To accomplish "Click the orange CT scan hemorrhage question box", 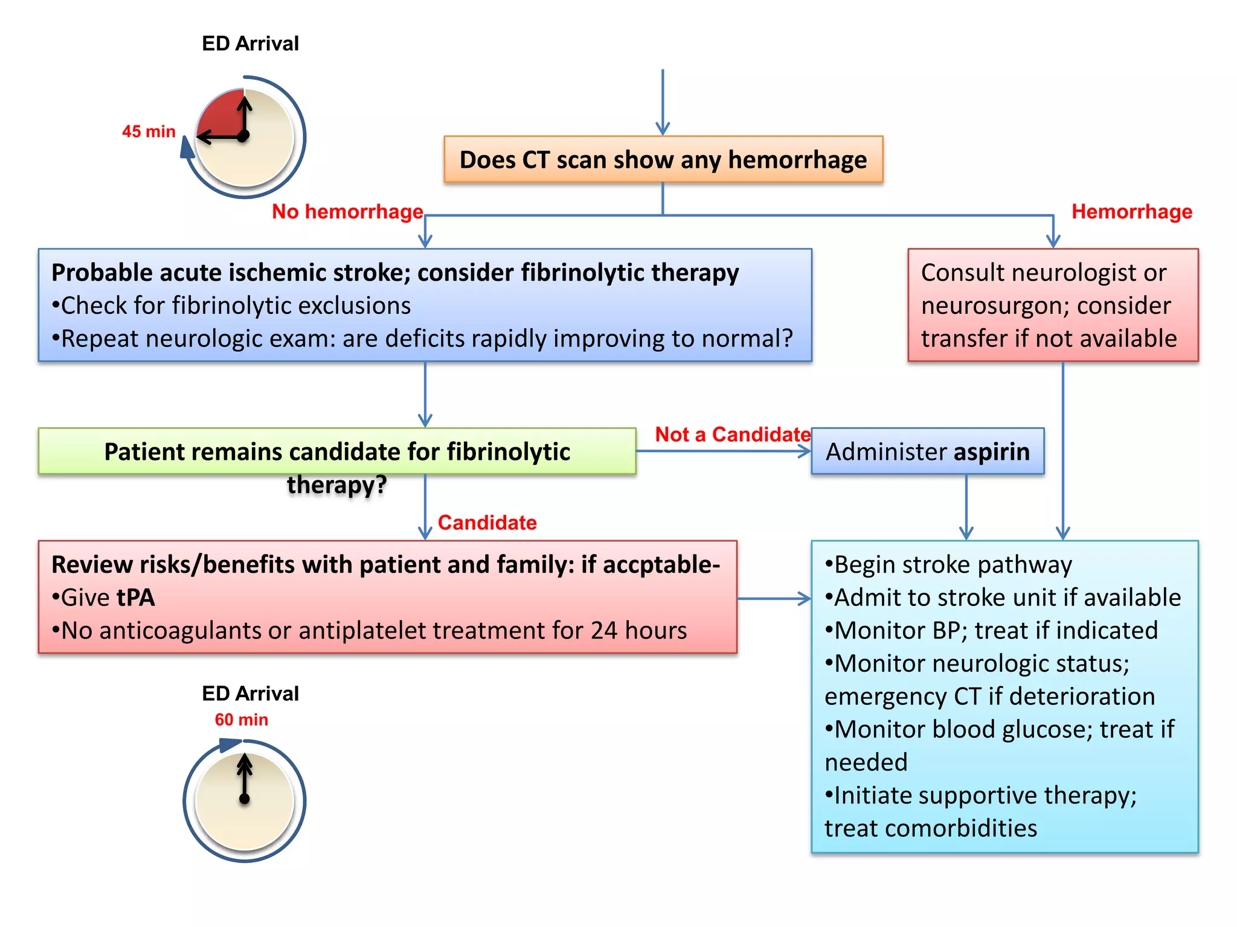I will click(x=663, y=160).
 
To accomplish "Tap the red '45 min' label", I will click(x=149, y=132).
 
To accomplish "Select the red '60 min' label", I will click(x=241, y=719).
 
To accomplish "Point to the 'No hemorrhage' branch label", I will click(x=347, y=212).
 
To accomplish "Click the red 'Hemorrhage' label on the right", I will click(x=1131, y=212).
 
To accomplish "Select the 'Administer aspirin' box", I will click(x=927, y=451).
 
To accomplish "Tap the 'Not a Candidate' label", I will click(x=732, y=435).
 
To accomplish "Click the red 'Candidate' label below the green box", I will click(x=487, y=523).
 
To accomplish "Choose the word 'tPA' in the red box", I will click(x=136, y=597).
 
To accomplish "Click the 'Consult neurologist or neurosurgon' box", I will click(x=1052, y=305).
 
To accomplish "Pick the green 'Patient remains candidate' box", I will click(x=337, y=451).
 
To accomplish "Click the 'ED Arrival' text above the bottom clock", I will click(x=250, y=693).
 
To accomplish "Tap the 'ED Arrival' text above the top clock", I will click(x=250, y=43).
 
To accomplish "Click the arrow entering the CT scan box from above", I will click(x=663, y=103).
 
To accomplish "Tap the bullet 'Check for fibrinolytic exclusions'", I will click(x=231, y=306).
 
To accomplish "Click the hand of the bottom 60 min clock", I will click(x=245, y=779).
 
